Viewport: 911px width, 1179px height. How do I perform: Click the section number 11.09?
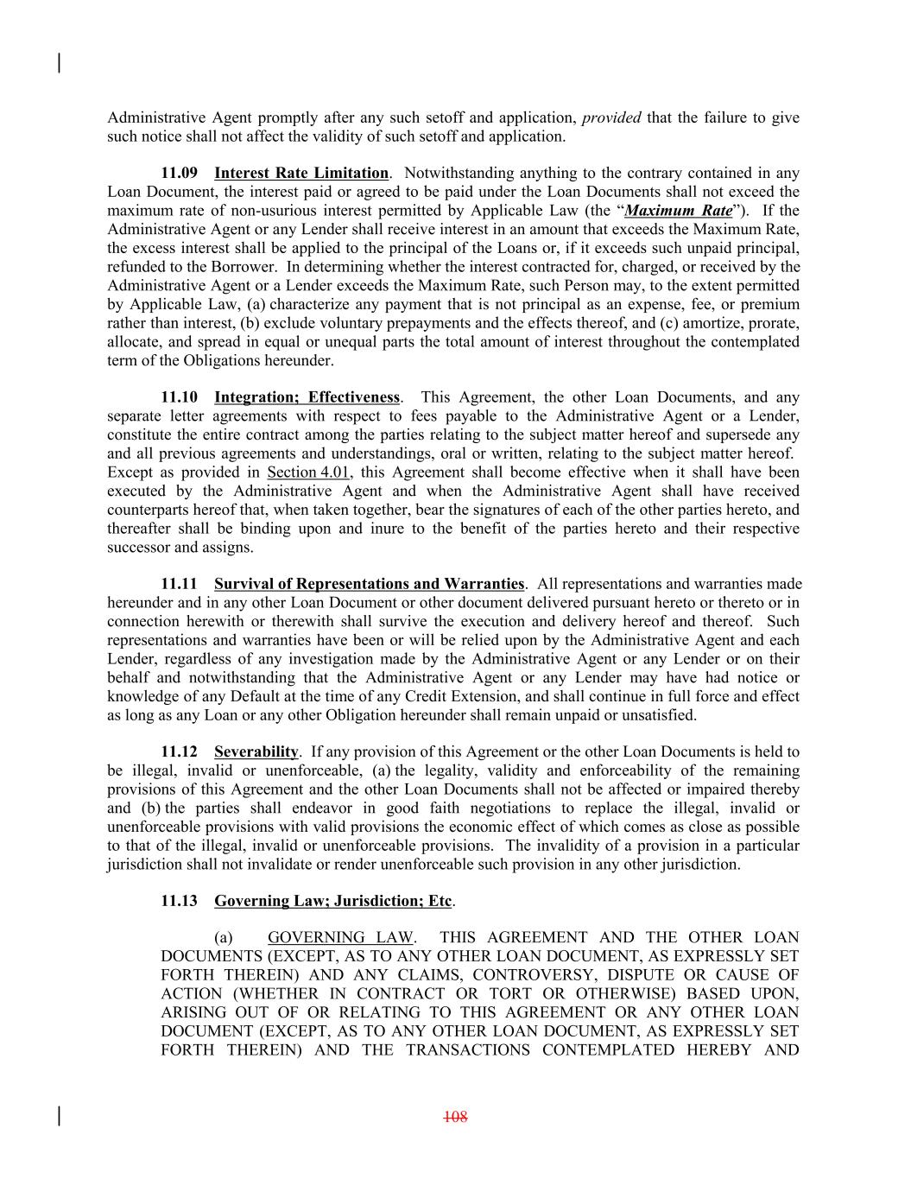point(179,174)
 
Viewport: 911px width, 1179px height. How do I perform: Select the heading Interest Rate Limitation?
point(301,174)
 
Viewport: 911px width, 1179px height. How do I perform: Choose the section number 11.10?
point(179,397)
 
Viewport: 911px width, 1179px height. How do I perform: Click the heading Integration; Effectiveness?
point(307,397)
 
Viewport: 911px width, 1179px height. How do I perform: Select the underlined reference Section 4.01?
point(309,472)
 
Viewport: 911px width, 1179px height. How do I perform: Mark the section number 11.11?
point(179,585)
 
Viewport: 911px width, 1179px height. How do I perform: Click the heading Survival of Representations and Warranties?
point(369,585)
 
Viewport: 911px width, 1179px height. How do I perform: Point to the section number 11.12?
point(179,752)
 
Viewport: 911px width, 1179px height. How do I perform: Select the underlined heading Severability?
point(256,752)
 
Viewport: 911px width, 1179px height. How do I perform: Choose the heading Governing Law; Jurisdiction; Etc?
point(333,901)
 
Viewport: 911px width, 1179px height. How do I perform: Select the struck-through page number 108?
point(455,1117)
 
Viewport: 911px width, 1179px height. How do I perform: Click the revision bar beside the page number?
point(59,1116)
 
